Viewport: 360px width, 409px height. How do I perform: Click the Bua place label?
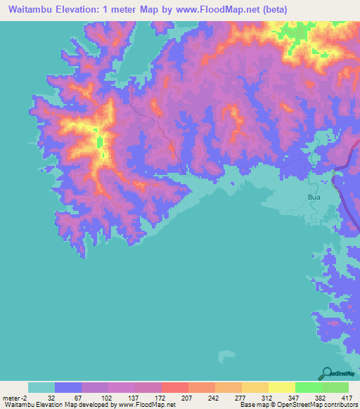coord(314,198)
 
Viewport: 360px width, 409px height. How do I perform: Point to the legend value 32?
coord(55,397)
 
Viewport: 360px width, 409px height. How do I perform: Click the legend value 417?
coord(347,397)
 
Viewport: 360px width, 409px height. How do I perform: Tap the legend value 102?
coord(108,397)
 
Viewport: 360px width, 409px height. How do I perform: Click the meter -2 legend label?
coord(15,397)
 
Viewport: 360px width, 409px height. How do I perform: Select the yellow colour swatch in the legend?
coord(281,387)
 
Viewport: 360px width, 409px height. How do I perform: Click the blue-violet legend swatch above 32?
coord(68,387)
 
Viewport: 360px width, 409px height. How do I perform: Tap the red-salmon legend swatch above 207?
coord(174,387)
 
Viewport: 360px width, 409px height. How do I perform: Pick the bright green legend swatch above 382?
coord(308,387)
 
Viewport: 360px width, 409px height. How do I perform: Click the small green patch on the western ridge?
coord(99,143)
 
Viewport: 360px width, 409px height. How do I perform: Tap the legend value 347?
coord(294,397)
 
